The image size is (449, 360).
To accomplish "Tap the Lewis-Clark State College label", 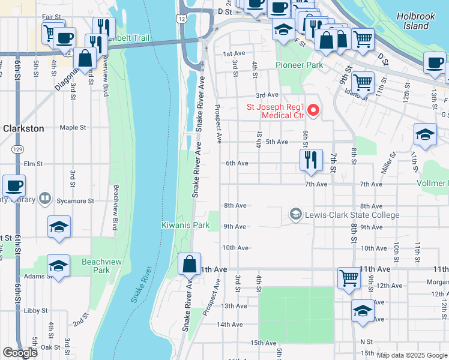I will pyautogui.click(x=351, y=215).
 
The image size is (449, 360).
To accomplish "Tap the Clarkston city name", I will pyautogui.click(x=23, y=128).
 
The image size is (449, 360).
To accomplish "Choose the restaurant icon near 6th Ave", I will pyautogui.click(x=311, y=160).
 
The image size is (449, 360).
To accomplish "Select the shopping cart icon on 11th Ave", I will pyautogui.click(x=349, y=278).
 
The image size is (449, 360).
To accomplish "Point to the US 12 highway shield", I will pyautogui.click(x=181, y=20).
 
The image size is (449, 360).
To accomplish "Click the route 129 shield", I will pyautogui.click(x=18, y=148).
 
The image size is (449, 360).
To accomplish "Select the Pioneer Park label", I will pyautogui.click(x=299, y=65).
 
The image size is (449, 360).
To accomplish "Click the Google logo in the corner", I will pyautogui.click(x=20, y=353).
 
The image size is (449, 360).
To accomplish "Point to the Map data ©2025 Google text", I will pyautogui.click(x=412, y=355).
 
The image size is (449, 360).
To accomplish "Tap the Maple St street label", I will pyautogui.click(x=73, y=127).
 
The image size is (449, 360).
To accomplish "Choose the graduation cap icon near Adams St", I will pyautogui.click(x=59, y=266).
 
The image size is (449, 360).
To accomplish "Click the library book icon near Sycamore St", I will pyautogui.click(x=45, y=198).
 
